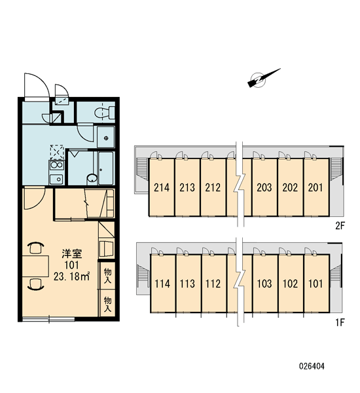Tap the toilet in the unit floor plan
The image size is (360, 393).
pyautogui.click(x=105, y=113)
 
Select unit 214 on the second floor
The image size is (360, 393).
pyautogui.click(x=162, y=187)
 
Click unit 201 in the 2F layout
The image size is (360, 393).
pyautogui.click(x=316, y=187)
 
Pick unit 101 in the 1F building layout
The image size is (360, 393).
pyautogui.click(x=316, y=284)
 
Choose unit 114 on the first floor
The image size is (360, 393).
pyautogui.click(x=162, y=284)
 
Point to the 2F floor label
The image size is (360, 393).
pyautogui.click(x=340, y=226)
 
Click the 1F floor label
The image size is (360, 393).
pyautogui.click(x=340, y=322)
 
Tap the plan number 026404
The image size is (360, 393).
pyautogui.click(x=312, y=366)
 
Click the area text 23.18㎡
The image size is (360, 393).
pyautogui.click(x=71, y=276)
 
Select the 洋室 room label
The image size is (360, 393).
pyautogui.click(x=72, y=253)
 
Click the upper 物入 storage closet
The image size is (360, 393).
pyautogui.click(x=107, y=276)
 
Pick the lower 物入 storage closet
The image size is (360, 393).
pyautogui.click(x=107, y=304)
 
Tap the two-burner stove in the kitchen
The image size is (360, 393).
pyautogui.click(x=56, y=166)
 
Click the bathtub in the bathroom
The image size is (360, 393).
pyautogui.click(x=106, y=168)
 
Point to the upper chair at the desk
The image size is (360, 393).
pyautogui.click(x=35, y=248)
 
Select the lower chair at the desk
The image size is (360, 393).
pyautogui.click(x=35, y=284)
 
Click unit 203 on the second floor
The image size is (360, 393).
pyautogui.click(x=264, y=187)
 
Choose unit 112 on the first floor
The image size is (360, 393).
pyautogui.click(x=213, y=284)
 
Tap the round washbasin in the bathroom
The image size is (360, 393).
pyautogui.click(x=92, y=178)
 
